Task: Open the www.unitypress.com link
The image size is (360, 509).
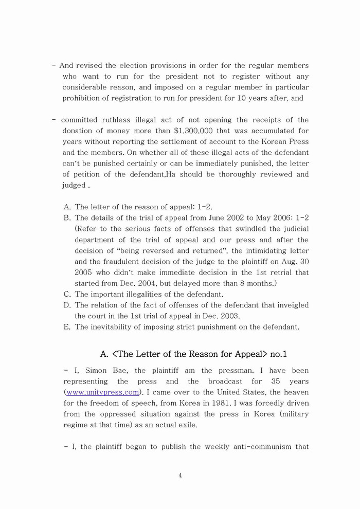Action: (x=102, y=392)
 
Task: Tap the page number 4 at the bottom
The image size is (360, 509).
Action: (x=180, y=476)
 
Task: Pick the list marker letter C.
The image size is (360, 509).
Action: (x=67, y=294)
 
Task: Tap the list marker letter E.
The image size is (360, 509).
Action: (x=67, y=327)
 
